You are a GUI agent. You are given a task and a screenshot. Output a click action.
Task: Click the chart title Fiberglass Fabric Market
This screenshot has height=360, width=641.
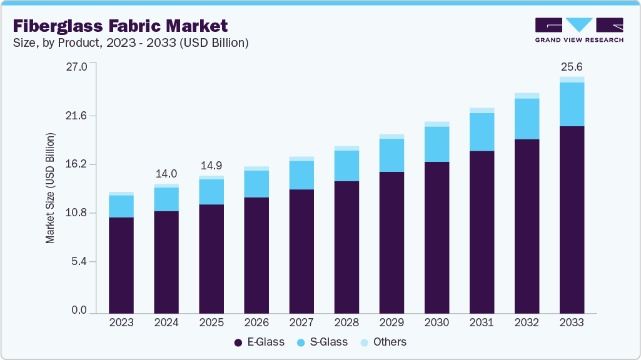click(120, 26)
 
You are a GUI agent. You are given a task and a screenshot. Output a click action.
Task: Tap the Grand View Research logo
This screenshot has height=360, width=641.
click(579, 30)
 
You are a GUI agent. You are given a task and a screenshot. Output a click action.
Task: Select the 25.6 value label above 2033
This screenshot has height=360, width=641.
click(572, 66)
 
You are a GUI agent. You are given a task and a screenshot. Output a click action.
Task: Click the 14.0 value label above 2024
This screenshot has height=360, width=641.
click(166, 174)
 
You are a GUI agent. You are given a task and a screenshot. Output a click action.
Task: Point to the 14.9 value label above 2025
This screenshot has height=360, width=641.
click(211, 166)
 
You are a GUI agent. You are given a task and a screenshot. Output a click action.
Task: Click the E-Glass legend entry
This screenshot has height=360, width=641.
click(259, 342)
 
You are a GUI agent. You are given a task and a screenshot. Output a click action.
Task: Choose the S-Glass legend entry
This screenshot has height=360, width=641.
click(324, 342)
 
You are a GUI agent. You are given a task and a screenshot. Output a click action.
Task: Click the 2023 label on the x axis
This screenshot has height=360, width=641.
click(121, 322)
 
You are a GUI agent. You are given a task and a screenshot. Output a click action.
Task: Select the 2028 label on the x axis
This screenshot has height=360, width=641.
click(346, 322)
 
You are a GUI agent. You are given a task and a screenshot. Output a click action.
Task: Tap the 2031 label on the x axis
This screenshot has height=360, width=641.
click(482, 322)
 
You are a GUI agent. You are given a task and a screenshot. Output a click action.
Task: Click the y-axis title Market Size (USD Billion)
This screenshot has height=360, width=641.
click(50, 188)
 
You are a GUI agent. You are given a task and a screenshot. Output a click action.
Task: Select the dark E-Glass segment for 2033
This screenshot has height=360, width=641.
click(572, 219)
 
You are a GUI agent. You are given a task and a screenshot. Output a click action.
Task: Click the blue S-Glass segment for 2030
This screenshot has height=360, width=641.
click(437, 144)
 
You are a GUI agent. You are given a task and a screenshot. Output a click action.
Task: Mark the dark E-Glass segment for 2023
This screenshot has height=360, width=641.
click(121, 265)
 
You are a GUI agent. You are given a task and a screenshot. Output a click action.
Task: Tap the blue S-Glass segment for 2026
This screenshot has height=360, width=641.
click(256, 184)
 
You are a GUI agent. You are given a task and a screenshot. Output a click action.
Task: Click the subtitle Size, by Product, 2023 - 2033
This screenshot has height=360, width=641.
click(131, 43)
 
